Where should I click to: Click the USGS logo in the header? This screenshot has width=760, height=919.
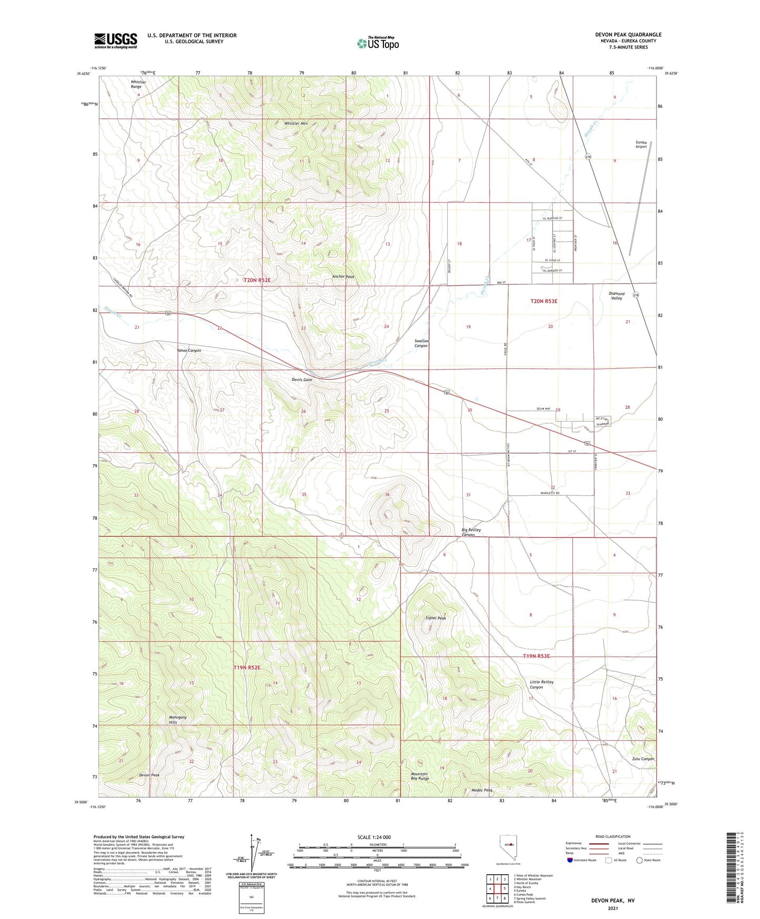[x=116, y=40]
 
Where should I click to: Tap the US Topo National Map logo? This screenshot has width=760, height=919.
[x=378, y=43]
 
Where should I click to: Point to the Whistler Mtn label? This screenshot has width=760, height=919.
[x=296, y=123]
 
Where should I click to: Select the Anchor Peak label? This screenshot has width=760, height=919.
[x=343, y=277]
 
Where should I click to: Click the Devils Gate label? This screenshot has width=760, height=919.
[x=302, y=379]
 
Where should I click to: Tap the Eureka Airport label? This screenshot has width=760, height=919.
[x=641, y=144]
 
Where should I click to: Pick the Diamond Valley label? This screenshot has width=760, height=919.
[x=616, y=296]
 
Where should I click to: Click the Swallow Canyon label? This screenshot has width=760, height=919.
[x=421, y=343]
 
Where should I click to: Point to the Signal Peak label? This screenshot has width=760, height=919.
[x=435, y=618]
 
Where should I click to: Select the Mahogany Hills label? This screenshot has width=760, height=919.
[x=177, y=720]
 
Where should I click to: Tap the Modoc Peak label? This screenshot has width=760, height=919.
[x=482, y=790]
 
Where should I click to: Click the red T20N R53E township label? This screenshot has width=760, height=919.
[x=543, y=301]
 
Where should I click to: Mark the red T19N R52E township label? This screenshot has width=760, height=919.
[x=247, y=667]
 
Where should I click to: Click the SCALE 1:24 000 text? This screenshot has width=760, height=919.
[x=374, y=837]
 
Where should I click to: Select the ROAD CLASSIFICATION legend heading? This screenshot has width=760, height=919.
[x=613, y=836]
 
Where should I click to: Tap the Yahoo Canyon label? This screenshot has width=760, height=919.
[x=188, y=351]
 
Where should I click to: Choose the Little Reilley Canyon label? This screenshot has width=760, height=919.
[x=541, y=684]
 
